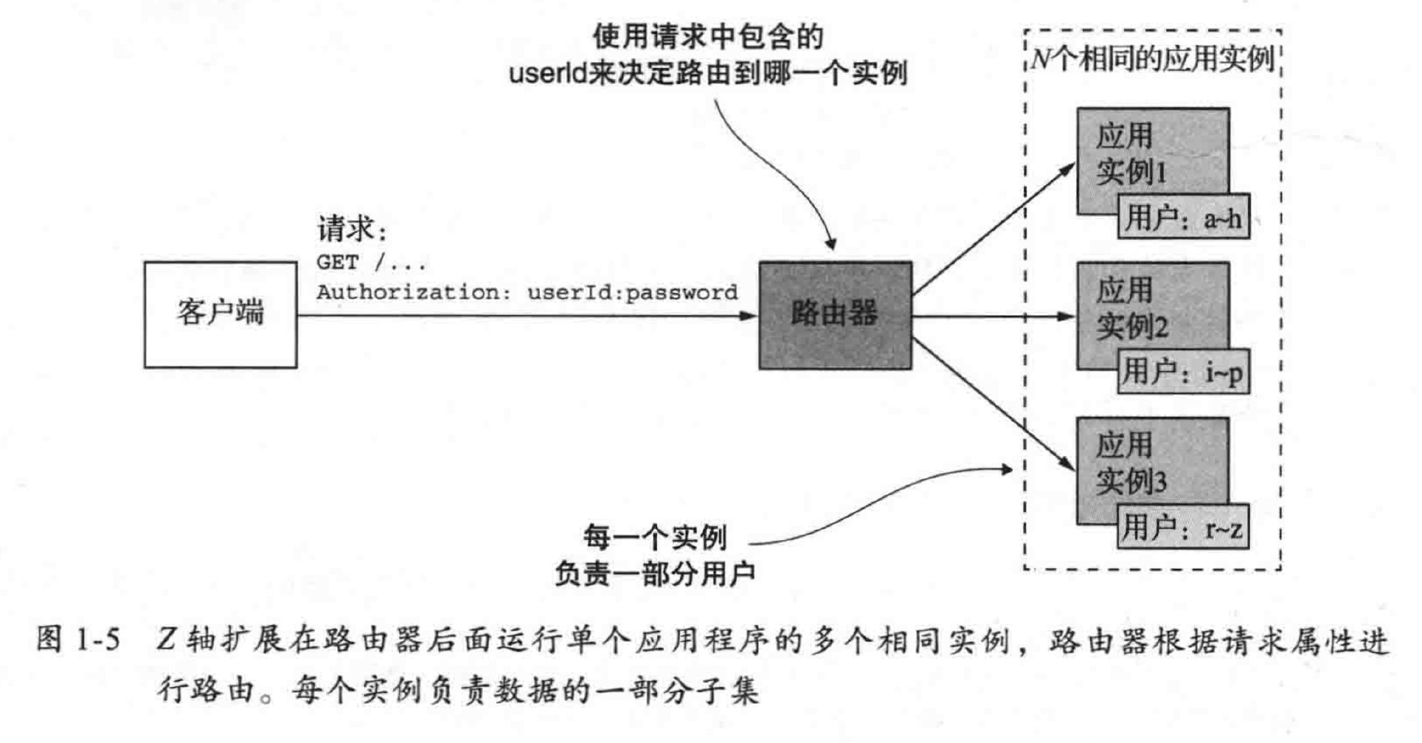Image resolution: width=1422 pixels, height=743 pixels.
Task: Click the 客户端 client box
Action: (220, 314)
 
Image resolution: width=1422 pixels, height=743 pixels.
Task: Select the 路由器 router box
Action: (834, 315)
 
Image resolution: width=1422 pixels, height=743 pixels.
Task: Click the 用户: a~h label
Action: (1183, 219)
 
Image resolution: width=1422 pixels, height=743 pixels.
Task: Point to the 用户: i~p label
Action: (1183, 374)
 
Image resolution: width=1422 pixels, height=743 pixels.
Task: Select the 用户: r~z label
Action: (1183, 529)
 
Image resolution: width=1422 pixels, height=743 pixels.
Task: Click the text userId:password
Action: (632, 292)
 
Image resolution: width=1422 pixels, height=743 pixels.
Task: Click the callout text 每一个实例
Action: (654, 538)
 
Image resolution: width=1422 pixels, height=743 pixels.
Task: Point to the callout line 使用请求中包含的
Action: (708, 38)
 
